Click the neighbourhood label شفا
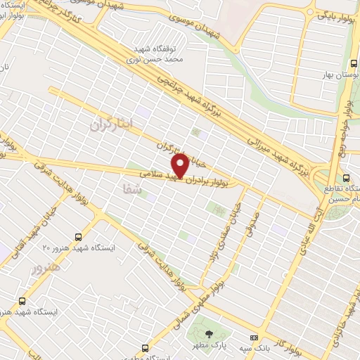(x=131, y=188)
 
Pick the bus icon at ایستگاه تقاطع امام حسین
(x=346, y=177)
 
